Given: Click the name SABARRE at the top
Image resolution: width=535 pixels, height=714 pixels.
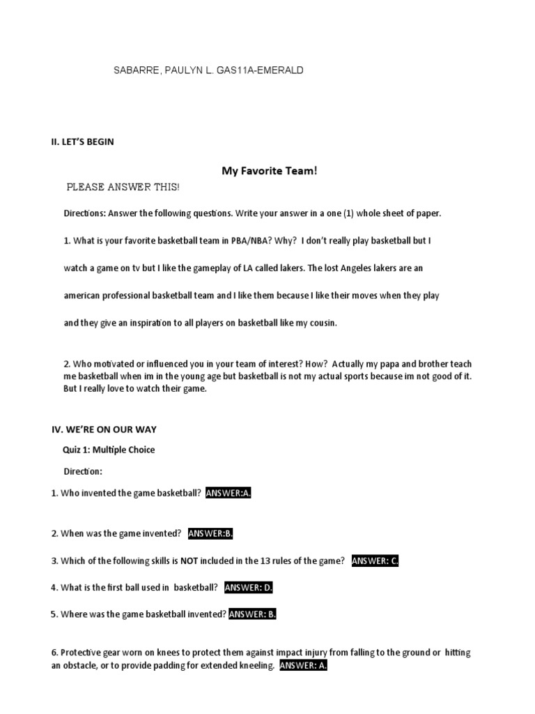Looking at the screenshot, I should (135, 70).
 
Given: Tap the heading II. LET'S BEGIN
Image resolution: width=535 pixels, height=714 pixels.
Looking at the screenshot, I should (83, 142).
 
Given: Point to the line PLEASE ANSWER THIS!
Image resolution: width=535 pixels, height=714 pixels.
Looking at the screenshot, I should (123, 188).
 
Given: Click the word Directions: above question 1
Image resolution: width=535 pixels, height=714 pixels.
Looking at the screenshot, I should (88, 213).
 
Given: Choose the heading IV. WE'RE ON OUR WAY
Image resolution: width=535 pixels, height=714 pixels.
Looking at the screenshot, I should (109, 429).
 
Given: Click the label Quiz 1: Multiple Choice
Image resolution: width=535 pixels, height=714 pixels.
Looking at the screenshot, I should (109, 450).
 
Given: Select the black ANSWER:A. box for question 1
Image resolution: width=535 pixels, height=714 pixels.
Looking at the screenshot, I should (228, 493).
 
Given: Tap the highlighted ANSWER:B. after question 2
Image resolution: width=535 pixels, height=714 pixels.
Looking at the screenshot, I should (210, 533).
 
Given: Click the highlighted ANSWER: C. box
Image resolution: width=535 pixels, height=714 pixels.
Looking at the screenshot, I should (375, 561).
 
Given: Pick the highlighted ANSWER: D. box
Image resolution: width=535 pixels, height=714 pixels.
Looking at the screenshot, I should (249, 587).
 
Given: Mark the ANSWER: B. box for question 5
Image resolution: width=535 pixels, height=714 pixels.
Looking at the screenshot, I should (253, 614).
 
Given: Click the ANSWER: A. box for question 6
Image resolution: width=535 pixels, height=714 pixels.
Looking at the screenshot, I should (303, 666).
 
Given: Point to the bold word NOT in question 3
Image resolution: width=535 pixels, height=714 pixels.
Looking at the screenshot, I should (189, 561).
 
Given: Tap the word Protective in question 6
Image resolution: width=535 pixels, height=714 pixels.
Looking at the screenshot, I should (82, 653).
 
